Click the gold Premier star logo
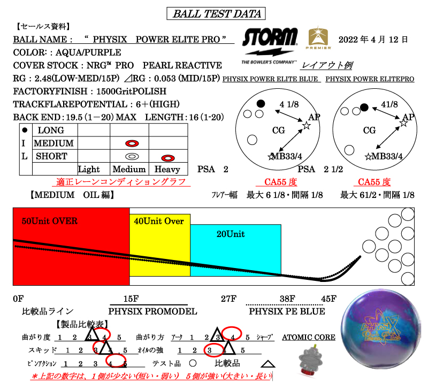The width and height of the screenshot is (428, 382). [319, 39]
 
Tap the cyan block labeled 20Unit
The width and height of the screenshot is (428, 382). [235, 250]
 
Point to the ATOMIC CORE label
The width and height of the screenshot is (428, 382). [309, 338]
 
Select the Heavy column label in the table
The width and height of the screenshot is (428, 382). [167, 169]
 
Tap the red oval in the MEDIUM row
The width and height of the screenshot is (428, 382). [132, 143]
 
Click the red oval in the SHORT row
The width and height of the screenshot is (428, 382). [169, 157]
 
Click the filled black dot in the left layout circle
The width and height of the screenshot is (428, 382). [261, 103]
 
